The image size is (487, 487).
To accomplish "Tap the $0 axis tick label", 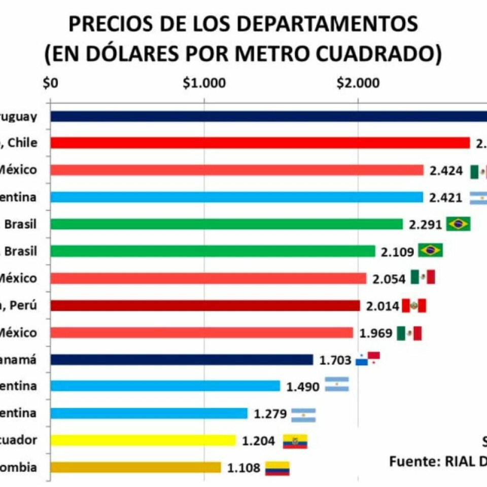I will point(51,83).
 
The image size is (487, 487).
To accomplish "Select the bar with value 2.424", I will point(237,170).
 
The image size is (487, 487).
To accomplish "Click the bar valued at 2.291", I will point(227,224).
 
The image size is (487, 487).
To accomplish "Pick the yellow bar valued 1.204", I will point(143,440).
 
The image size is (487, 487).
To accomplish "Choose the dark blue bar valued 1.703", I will point(182,360).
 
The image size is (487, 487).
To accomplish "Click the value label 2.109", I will point(397,251).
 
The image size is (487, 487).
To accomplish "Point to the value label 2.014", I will point(382,306).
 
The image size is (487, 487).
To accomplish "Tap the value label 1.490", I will point(303,387).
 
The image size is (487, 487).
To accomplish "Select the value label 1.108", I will point(244,468).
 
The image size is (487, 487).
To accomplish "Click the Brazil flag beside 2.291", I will point(459,224).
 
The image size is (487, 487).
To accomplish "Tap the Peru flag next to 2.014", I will point(414,305).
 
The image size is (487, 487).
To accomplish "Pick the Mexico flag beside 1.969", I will point(409,333).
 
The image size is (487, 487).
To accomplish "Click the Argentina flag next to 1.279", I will point(303,415).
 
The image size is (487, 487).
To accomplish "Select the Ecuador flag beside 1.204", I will point(295,441).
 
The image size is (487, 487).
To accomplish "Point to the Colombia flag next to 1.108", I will point(277,468).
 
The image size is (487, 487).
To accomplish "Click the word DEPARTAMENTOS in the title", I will point(306,24).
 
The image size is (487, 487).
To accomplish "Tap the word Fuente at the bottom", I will point(413,462).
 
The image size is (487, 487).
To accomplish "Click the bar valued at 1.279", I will point(149,413).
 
